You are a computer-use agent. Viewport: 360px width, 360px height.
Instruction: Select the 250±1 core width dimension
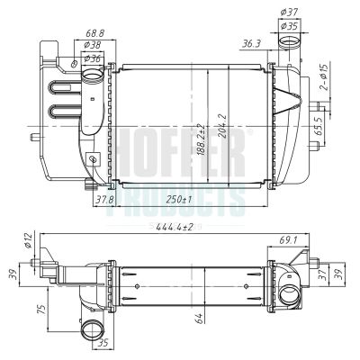pos(178,198)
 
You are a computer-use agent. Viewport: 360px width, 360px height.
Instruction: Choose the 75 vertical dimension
pos(39,309)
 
